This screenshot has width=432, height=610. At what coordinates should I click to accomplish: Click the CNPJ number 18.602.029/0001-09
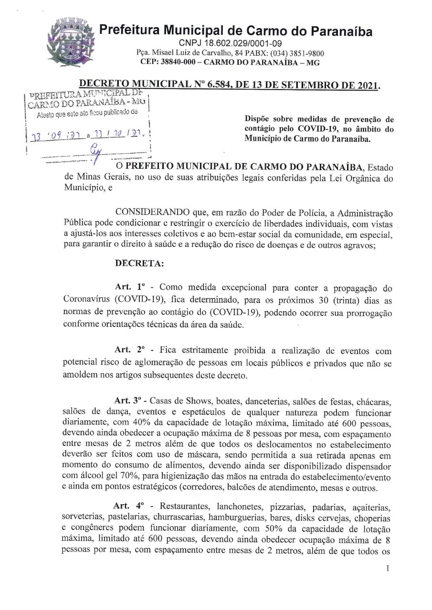(x=234, y=44)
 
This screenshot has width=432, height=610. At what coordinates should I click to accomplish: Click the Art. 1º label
(x=129, y=287)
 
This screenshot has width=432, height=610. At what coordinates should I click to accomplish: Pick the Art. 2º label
(x=129, y=351)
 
